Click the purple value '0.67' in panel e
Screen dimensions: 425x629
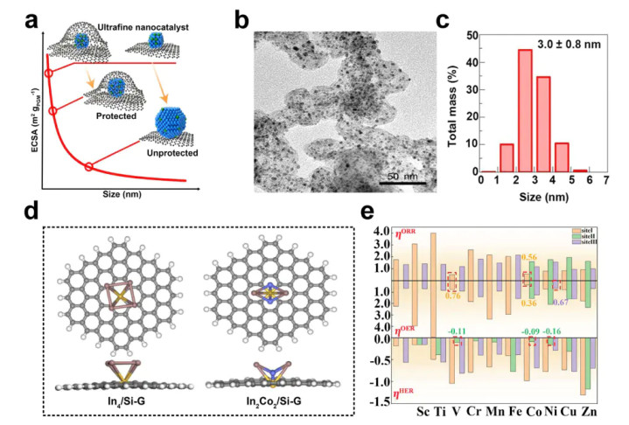coord(560,303)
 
